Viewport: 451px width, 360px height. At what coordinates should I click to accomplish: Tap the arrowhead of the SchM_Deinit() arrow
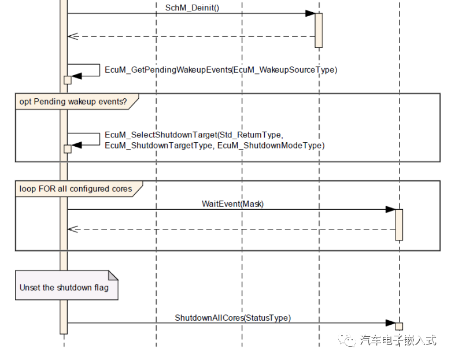point(310,13)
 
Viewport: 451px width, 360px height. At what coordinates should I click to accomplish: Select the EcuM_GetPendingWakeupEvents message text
point(220,70)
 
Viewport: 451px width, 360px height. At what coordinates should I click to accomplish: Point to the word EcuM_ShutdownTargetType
point(158,146)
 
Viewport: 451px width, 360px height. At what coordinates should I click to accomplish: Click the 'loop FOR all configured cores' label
point(75,188)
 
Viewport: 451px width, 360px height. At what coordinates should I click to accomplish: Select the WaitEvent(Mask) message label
point(233,204)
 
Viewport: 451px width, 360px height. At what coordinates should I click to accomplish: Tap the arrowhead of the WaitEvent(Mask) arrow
point(391,210)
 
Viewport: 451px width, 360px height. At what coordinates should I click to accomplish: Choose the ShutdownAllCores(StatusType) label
point(232,318)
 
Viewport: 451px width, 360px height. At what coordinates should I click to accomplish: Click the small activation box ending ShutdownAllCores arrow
point(399,326)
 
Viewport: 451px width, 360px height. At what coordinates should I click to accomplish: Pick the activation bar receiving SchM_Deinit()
point(319,30)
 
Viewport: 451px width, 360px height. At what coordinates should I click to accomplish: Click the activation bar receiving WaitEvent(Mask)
point(399,224)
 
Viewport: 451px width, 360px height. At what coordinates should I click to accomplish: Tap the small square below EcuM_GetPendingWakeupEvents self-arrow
point(68,80)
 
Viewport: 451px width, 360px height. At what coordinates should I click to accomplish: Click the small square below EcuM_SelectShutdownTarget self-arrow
point(68,149)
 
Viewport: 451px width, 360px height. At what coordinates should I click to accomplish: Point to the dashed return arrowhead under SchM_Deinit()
point(72,36)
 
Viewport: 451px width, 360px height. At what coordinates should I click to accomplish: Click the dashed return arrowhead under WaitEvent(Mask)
point(72,229)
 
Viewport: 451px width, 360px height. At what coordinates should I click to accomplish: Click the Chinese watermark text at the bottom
point(398,340)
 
